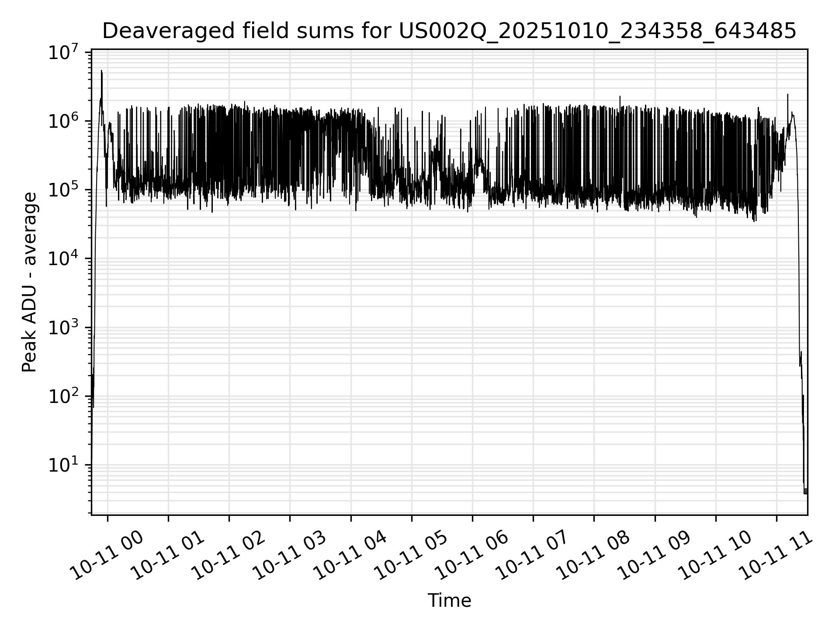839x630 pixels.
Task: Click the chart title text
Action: tap(449, 31)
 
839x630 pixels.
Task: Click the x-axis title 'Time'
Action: tap(449, 601)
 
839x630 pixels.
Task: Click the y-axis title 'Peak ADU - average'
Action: tap(30, 282)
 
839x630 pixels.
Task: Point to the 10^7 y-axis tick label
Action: tap(66, 53)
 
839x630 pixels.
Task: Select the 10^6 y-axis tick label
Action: tap(66, 122)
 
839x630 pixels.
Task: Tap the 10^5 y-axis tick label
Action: tap(66, 191)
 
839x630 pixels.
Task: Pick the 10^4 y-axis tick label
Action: tap(66, 259)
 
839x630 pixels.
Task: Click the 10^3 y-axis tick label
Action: tap(66, 328)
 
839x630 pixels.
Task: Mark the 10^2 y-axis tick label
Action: tap(66, 397)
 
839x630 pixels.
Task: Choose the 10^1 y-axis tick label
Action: tap(66, 465)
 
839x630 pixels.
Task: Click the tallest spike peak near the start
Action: tap(102, 71)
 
